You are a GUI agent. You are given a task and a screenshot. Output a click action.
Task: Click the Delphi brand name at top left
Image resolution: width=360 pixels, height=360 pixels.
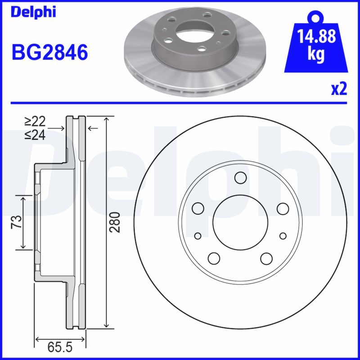click(x=33, y=12)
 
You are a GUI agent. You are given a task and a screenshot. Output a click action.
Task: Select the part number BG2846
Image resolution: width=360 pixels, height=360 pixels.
click(x=49, y=53)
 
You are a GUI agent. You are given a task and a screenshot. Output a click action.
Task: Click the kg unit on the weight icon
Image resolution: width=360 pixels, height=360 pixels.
click(x=316, y=54)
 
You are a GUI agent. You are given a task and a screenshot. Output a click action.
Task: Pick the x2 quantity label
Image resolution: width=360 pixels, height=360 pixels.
click(x=339, y=89)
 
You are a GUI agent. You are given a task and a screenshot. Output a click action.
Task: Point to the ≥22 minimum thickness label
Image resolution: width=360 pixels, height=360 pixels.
click(x=35, y=121)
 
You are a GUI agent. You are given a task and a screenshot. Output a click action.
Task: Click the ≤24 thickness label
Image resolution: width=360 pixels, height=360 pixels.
click(x=35, y=135)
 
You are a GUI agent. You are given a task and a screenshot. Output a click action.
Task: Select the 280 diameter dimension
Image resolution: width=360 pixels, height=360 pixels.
click(x=116, y=222)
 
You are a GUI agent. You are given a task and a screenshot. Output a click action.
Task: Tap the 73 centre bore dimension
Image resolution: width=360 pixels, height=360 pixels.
click(x=16, y=222)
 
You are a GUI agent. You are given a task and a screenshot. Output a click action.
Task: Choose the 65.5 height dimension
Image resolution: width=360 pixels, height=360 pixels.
click(x=60, y=348)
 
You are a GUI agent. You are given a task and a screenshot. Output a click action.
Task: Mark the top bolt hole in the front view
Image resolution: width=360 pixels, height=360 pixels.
click(x=240, y=178)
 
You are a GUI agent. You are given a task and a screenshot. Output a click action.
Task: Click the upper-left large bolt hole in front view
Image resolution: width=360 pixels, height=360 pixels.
click(x=198, y=208)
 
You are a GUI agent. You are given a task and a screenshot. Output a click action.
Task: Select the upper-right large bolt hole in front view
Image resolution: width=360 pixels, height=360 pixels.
click(x=283, y=208)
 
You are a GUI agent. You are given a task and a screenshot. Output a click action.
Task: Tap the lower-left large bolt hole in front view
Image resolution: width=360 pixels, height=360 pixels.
click(x=214, y=258)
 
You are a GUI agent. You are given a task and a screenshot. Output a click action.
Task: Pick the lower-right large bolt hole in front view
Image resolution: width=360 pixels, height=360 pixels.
click(x=266, y=258)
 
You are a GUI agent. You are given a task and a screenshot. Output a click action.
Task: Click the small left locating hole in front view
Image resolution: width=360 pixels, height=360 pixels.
click(x=198, y=236)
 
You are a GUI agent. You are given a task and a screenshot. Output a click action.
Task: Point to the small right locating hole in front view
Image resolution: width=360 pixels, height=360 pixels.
click(x=283, y=236)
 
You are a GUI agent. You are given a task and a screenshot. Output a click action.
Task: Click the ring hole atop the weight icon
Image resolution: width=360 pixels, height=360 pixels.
click(x=315, y=18)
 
